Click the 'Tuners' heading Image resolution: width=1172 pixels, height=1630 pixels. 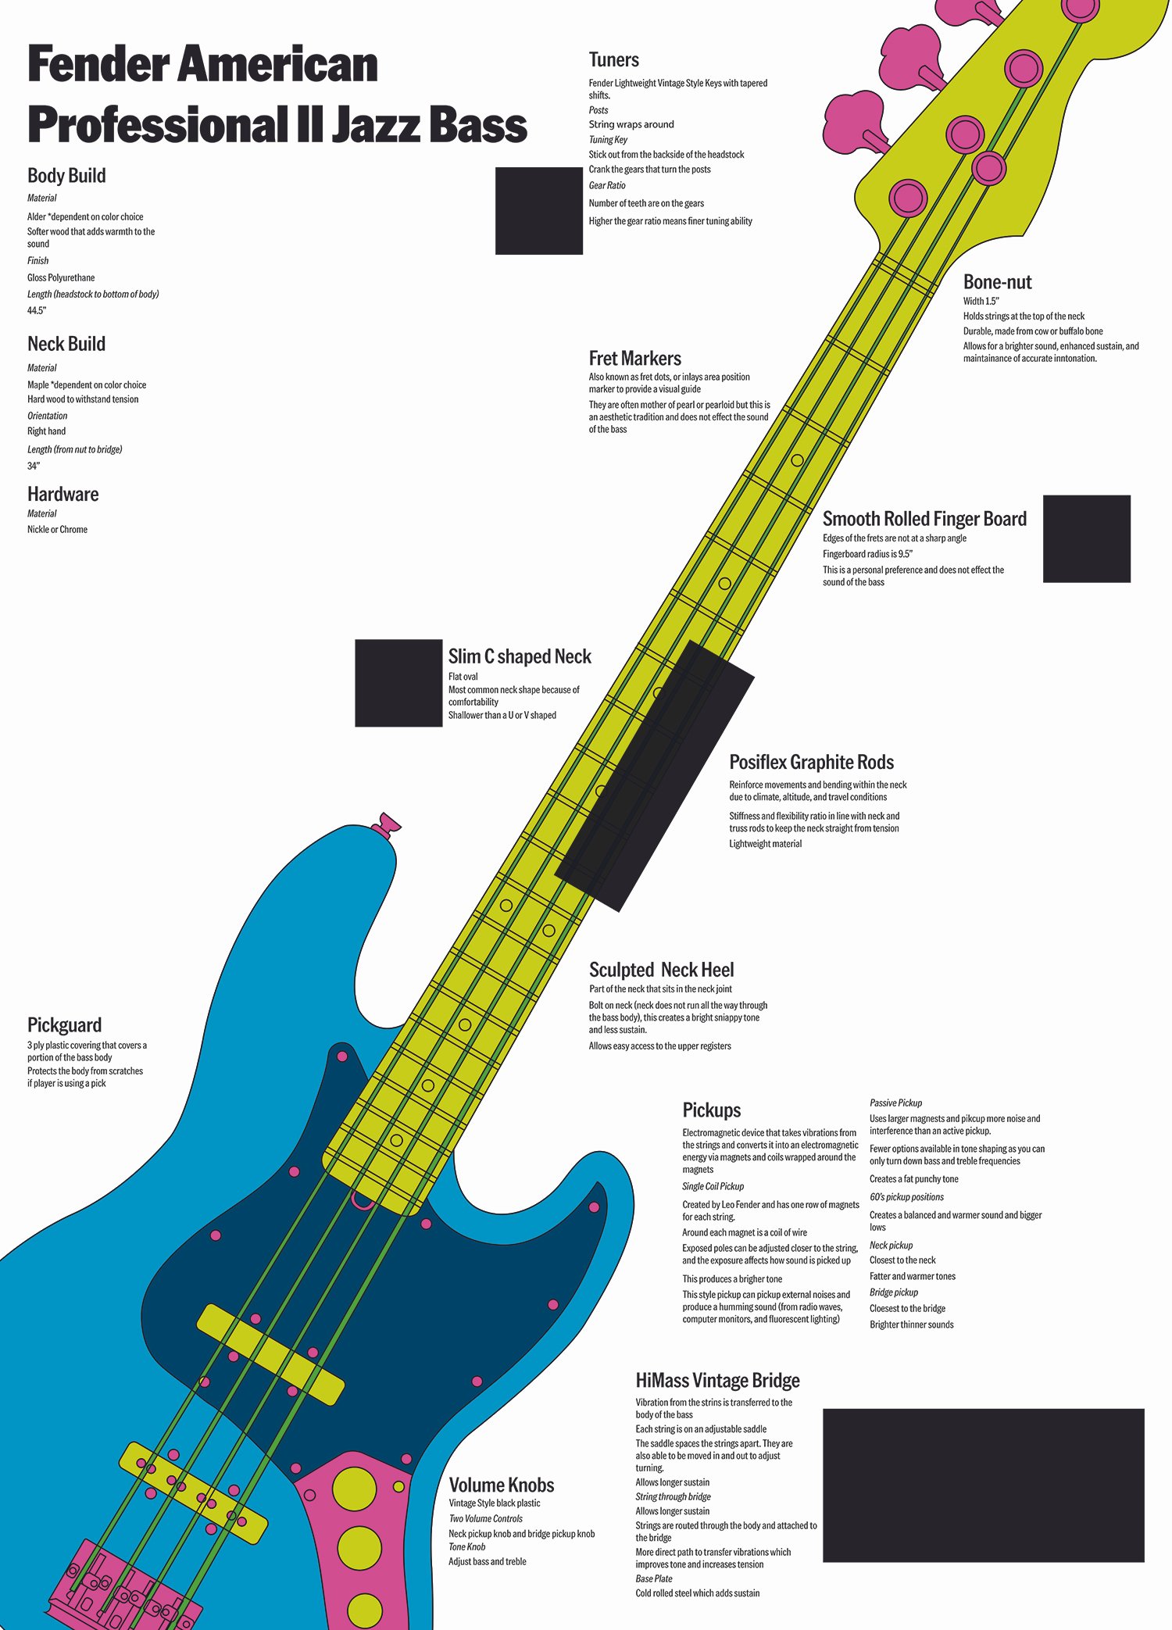tap(613, 60)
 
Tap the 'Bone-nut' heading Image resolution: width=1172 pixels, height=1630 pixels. tap(997, 282)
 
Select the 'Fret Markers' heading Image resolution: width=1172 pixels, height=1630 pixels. tap(634, 359)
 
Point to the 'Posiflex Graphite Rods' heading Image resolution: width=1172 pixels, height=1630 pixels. tap(811, 763)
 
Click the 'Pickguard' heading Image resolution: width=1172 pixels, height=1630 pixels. tap(64, 1025)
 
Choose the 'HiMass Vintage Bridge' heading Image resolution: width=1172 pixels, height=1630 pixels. tap(717, 1381)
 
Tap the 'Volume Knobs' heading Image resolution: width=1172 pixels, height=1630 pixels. tap(501, 1485)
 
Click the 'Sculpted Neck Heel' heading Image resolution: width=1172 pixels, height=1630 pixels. tap(661, 970)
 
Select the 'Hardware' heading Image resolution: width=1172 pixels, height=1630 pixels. tap(63, 495)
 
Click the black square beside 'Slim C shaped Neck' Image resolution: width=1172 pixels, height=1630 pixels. tap(398, 683)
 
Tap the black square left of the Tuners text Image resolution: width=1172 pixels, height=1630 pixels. tap(538, 210)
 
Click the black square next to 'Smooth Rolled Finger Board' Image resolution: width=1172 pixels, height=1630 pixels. tap(1086, 538)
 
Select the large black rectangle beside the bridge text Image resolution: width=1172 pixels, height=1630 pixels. tap(983, 1485)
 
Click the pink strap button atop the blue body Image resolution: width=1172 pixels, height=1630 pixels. tap(386, 824)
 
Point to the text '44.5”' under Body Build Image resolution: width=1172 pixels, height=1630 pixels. tap(37, 311)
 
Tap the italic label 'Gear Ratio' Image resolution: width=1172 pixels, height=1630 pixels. tap(607, 186)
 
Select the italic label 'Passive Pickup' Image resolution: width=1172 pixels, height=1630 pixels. tap(895, 1103)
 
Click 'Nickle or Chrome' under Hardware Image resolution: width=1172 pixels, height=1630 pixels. tap(57, 530)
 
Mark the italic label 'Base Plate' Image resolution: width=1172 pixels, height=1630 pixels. tap(653, 1578)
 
